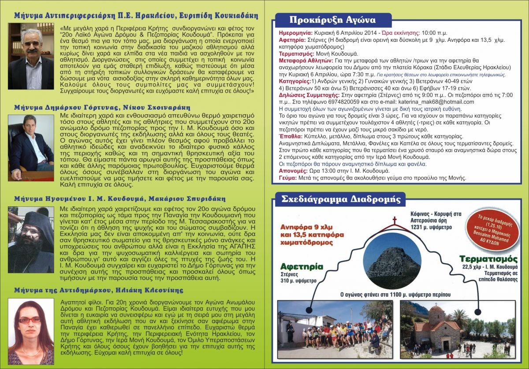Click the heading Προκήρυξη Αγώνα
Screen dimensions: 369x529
[333, 20]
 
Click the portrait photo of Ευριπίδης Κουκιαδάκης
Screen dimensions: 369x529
[31, 56]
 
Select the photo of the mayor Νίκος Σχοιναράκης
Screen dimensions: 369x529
[31, 147]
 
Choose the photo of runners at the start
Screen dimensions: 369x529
[335, 329]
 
